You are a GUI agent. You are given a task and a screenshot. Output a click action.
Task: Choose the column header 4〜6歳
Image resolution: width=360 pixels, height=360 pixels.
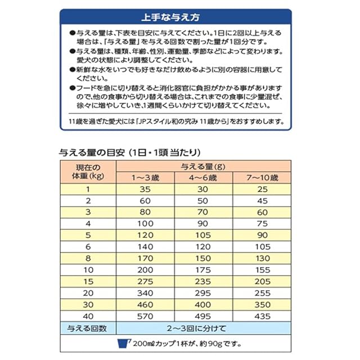tap(204, 178)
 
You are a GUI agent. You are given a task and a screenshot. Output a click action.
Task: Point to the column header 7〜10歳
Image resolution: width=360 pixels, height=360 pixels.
tap(262, 178)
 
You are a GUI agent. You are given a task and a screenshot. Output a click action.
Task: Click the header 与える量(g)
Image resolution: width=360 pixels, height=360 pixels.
tap(204, 166)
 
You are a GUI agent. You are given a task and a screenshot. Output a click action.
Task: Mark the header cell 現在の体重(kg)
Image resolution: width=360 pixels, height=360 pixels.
tap(88, 172)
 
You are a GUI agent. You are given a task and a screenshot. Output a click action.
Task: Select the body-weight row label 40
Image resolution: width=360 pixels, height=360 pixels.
tap(88, 316)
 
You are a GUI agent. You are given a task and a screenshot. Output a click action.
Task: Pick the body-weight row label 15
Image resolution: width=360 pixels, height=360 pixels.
tap(88, 281)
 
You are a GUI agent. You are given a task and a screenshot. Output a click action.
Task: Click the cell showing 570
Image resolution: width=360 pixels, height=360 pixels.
tap(145, 316)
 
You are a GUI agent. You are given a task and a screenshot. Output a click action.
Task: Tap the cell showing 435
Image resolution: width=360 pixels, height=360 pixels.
tap(262, 316)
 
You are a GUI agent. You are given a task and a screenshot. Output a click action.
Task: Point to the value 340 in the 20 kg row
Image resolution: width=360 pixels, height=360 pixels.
tap(145, 292)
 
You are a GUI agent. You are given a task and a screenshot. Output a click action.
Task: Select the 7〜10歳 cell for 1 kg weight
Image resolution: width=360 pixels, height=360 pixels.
tap(262, 190)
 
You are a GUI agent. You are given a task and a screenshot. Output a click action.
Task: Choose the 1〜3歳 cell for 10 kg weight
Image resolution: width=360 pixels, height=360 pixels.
tap(145, 269)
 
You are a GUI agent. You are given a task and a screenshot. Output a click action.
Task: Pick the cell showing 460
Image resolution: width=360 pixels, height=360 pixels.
tap(145, 304)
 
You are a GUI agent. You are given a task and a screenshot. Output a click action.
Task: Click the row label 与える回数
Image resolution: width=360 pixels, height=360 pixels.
tap(88, 327)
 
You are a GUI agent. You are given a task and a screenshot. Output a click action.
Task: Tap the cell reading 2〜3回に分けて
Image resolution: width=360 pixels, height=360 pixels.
tap(204, 327)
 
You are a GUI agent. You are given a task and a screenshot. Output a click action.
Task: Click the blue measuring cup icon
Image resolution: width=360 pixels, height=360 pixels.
tap(121, 342)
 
